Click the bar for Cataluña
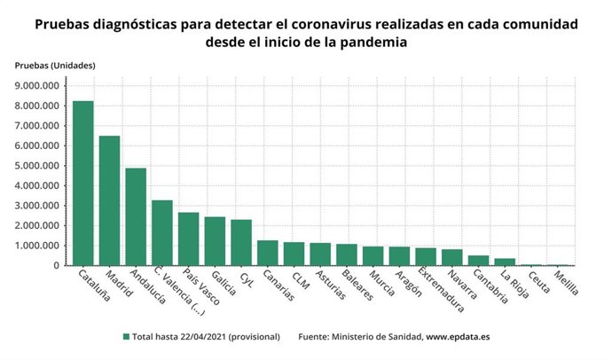83,183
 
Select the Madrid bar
109,200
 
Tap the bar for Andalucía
136,216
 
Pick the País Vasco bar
188,239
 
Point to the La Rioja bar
505,262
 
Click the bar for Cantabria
478,260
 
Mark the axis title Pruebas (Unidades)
54,67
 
